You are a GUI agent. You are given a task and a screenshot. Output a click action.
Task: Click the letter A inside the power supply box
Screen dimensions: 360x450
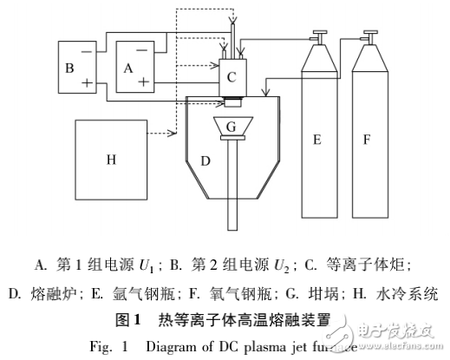[129, 64]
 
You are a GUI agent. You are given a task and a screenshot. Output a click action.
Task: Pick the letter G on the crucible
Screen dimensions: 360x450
[230, 128]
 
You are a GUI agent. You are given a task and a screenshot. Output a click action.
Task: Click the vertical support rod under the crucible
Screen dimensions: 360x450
[231, 191]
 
